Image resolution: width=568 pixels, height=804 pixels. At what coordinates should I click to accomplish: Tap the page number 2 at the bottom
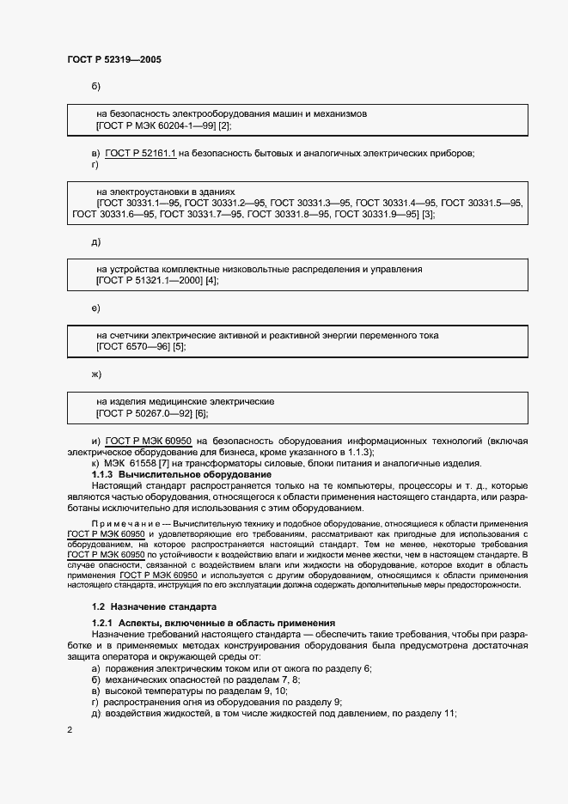(70, 730)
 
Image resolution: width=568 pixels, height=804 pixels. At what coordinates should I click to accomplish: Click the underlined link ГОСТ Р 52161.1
(141, 153)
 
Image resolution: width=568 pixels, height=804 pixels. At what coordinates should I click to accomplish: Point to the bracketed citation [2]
(223, 125)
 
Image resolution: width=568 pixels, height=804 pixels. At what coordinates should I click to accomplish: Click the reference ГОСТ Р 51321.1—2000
(150, 281)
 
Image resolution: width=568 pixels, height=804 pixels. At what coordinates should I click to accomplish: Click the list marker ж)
(96, 375)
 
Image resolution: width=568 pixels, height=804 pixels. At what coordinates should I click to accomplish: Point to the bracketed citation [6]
(201, 414)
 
